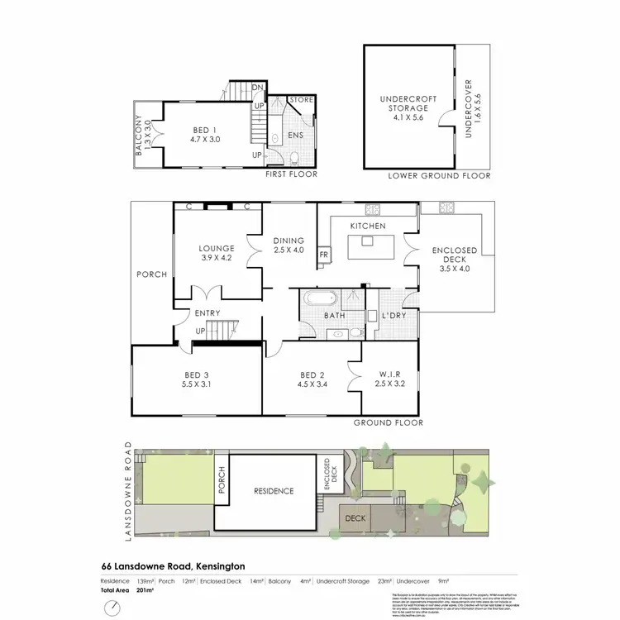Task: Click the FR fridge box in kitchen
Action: click(324, 256)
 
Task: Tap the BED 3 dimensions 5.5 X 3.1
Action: click(197, 384)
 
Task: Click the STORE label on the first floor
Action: click(301, 100)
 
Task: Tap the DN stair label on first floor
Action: click(257, 86)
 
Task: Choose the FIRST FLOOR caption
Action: click(292, 176)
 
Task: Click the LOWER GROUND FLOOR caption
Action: click(439, 176)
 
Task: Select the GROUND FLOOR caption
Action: click(388, 422)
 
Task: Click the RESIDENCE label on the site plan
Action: click(267, 490)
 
